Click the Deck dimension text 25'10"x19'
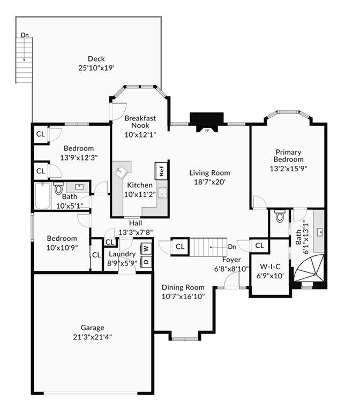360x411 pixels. coord(96,68)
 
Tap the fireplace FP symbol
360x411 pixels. coord(207,130)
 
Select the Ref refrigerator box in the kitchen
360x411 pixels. coord(161,171)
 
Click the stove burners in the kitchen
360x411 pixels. coord(162,193)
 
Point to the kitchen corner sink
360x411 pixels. coord(121,171)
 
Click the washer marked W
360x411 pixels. coord(146,248)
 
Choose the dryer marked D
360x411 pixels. coord(146,262)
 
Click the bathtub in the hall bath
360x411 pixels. coord(42,196)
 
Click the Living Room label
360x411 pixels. coord(209,173)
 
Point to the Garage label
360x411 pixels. coord(92,328)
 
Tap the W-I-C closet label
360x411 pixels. coord(270,267)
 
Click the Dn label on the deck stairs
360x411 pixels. coord(25,35)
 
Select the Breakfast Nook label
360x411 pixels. coord(140,121)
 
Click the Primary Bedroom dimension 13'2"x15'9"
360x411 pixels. coord(288,168)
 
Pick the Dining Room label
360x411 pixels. coord(183,287)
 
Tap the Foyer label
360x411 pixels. coord(231,260)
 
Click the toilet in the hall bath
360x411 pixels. coord(58,188)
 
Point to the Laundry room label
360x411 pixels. coord(122,254)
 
